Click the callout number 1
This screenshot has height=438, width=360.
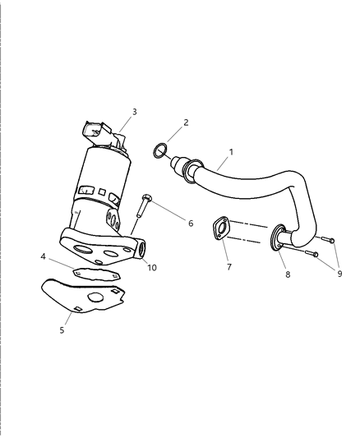231,153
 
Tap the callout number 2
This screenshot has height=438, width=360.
186,122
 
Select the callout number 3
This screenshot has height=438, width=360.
134,111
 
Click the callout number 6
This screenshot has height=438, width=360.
191,224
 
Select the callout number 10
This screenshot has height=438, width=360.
151,267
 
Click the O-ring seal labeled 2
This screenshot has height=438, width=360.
161,150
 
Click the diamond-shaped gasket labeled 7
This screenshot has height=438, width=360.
220,228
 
